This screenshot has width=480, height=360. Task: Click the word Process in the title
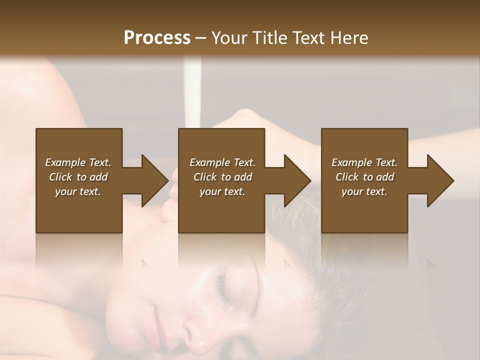pyautogui.click(x=157, y=37)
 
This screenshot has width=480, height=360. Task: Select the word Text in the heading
pyautogui.click(x=307, y=37)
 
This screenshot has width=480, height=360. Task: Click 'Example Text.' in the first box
pyautogui.click(x=78, y=162)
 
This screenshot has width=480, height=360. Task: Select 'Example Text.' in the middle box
pyautogui.click(x=222, y=162)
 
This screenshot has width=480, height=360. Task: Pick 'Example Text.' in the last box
pyautogui.click(x=364, y=162)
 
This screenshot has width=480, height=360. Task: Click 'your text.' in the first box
pyautogui.click(x=78, y=191)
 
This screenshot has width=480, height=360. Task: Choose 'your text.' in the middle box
pyautogui.click(x=222, y=191)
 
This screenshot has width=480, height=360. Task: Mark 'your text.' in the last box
pyautogui.click(x=364, y=191)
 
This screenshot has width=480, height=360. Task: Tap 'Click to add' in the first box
pyautogui.click(x=78, y=177)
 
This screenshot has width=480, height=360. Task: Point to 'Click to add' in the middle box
pyautogui.click(x=222, y=177)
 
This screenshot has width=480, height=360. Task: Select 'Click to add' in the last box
pyautogui.click(x=364, y=177)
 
